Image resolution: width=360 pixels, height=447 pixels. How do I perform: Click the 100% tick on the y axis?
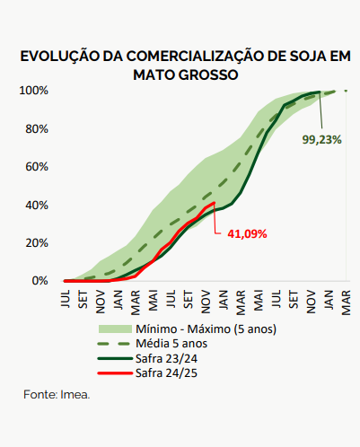[33, 91]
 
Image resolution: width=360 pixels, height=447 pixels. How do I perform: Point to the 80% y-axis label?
[37, 129]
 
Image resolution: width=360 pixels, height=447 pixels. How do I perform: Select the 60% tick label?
[37, 167]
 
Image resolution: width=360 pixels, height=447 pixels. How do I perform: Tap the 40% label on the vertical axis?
[37, 206]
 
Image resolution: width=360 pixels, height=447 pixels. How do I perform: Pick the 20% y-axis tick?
[37, 243]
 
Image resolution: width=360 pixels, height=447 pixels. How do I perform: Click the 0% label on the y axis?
[40, 281]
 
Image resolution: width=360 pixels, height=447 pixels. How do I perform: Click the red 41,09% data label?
[247, 234]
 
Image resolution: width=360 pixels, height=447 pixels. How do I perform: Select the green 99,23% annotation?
[321, 140]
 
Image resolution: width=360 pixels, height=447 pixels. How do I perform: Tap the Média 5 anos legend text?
[171, 344]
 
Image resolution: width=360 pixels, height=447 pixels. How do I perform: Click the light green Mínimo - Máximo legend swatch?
[115, 329]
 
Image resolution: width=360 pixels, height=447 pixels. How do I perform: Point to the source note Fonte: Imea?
[57, 395]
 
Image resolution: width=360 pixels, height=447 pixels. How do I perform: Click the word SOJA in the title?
[304, 57]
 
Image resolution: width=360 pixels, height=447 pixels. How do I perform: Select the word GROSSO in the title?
[208, 74]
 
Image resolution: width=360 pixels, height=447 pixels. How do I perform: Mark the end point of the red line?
[214, 203]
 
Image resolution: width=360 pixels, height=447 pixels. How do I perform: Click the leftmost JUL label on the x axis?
[66, 299]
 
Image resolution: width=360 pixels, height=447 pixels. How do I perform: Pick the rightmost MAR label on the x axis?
[346, 302]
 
